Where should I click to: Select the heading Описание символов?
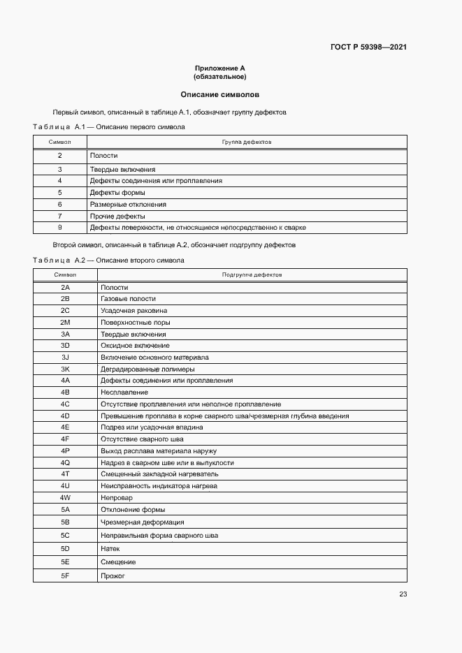(x=220, y=94)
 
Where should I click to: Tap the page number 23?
(x=403, y=594)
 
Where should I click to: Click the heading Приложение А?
(x=220, y=68)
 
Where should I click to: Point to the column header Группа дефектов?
(x=247, y=142)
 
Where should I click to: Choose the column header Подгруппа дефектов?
(x=252, y=274)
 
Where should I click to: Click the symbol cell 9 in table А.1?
(x=60, y=228)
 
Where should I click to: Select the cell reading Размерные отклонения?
(x=128, y=205)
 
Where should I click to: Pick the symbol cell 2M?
(x=66, y=323)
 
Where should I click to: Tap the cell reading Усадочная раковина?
(x=133, y=311)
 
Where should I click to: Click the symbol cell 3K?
(x=66, y=369)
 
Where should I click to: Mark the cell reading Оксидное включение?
(x=135, y=346)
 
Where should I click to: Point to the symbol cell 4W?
(x=66, y=498)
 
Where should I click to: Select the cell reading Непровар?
(x=117, y=498)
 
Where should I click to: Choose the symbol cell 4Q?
(x=66, y=462)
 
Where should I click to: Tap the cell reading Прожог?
(x=113, y=575)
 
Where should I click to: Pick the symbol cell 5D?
(x=66, y=549)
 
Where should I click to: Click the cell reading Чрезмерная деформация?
(x=143, y=522)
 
